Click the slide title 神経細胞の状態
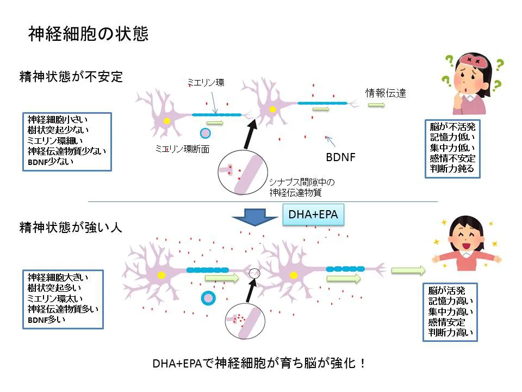[x=88, y=34]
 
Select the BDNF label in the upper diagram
[x=340, y=158]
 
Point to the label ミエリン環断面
[x=182, y=148]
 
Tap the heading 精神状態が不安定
[x=71, y=76]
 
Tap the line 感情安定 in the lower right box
[x=447, y=322]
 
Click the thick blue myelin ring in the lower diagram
[x=208, y=298]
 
